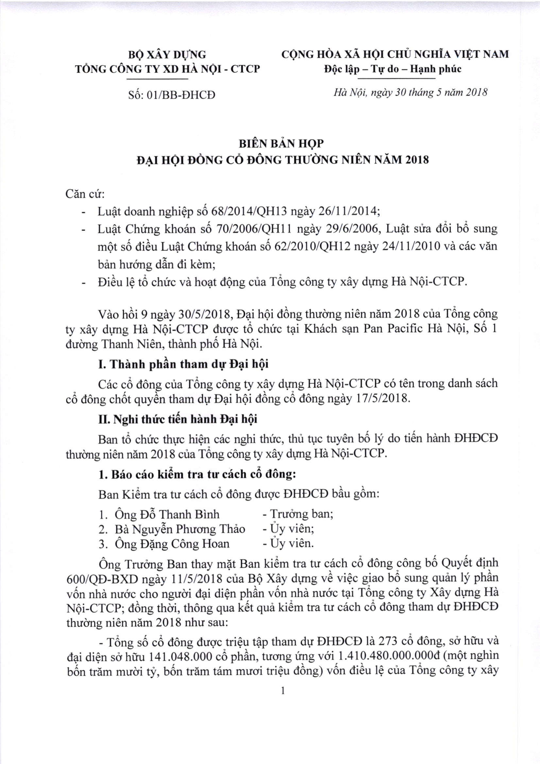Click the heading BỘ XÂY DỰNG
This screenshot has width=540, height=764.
pos(167,54)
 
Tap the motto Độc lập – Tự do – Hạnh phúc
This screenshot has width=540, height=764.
pos(392,69)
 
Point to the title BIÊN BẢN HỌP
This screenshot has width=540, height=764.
pos(281,143)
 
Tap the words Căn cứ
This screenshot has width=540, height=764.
pos(85,194)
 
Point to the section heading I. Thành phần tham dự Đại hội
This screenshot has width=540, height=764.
pos(183,365)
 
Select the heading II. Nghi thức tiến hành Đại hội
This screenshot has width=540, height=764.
pos(178,419)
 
